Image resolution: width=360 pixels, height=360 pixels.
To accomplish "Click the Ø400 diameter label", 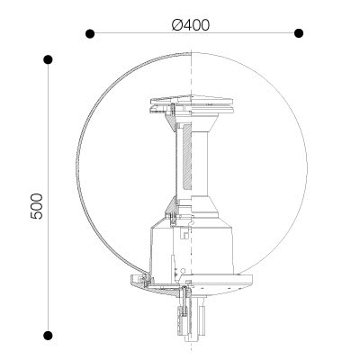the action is pos(191,25).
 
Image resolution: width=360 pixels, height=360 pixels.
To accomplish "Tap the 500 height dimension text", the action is pos(37,206).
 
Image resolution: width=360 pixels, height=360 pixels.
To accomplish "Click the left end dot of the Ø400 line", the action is pos(90,33).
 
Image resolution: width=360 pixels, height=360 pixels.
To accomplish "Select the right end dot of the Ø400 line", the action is pos(299,33).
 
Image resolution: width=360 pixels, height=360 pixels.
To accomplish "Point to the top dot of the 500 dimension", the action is pos(48,59).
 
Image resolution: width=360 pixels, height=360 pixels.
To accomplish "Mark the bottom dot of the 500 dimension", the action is pos(48,335).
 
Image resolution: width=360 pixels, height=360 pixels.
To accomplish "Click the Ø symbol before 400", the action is pos(177,25).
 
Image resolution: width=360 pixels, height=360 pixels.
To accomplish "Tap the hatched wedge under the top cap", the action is pos(170,121).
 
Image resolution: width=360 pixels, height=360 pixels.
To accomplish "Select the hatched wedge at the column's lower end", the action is pos(172,204).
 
